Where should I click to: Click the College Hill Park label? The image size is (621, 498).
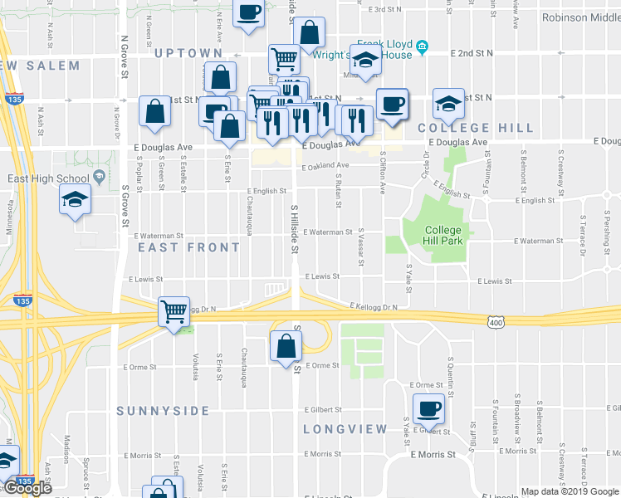(443, 236)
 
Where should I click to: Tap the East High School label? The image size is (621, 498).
(48, 178)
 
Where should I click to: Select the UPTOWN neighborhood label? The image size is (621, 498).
(188, 53)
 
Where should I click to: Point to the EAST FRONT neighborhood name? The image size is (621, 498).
(189, 247)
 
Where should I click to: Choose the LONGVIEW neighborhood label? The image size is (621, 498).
(345, 429)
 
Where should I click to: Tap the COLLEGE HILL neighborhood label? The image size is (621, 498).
(476, 128)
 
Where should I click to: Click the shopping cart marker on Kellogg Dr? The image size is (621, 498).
(174, 312)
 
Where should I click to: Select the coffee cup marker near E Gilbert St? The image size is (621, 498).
(428, 408)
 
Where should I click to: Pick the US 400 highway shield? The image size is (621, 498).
(496, 321)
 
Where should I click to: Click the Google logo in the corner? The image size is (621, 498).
(27, 488)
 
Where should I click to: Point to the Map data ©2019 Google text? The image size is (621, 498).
(570, 491)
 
